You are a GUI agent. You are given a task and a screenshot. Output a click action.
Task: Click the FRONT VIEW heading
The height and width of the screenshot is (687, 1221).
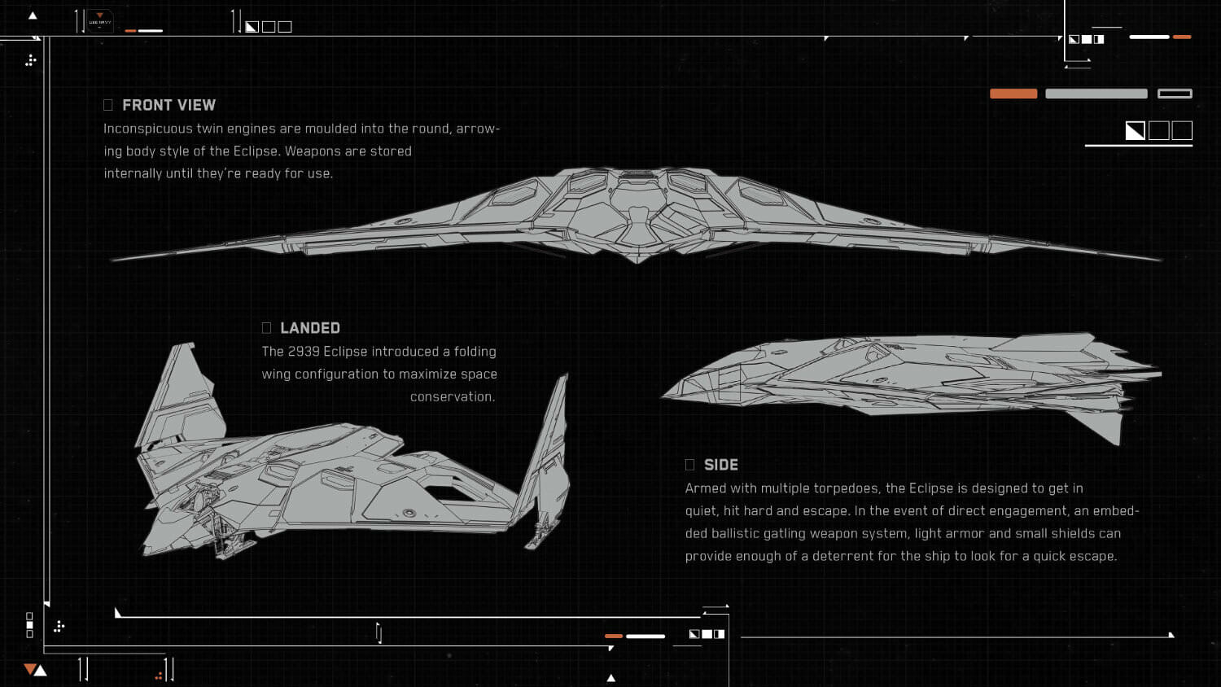[168, 105]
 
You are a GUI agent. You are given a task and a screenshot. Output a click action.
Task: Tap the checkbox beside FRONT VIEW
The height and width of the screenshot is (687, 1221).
[108, 105]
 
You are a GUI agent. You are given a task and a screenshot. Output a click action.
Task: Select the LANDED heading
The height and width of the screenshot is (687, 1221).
[310, 328]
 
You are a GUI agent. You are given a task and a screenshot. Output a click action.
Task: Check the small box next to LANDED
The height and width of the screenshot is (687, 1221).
[266, 328]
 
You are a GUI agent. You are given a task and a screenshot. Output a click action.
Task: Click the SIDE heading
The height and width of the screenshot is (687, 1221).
[720, 465]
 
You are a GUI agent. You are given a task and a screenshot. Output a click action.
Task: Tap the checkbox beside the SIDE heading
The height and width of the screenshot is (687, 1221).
[689, 465]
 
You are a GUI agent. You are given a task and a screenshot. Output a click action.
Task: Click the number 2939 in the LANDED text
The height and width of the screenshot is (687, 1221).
[304, 352]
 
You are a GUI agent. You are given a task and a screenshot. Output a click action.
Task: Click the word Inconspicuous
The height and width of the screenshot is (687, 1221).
[148, 129]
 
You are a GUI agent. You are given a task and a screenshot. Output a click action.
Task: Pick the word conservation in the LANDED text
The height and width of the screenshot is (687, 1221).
[452, 397]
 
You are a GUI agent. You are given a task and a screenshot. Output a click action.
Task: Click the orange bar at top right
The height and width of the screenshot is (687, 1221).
[1013, 94]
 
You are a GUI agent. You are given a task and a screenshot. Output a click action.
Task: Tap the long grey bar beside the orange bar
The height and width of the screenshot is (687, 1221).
[1096, 94]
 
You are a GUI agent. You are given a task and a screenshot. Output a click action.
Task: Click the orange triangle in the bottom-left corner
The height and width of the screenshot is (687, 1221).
[29, 669]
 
